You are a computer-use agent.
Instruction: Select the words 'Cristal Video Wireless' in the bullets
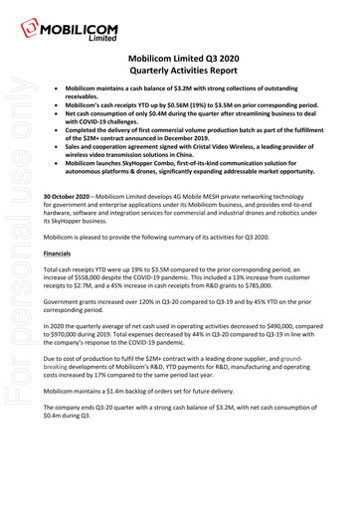pos(263,143)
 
